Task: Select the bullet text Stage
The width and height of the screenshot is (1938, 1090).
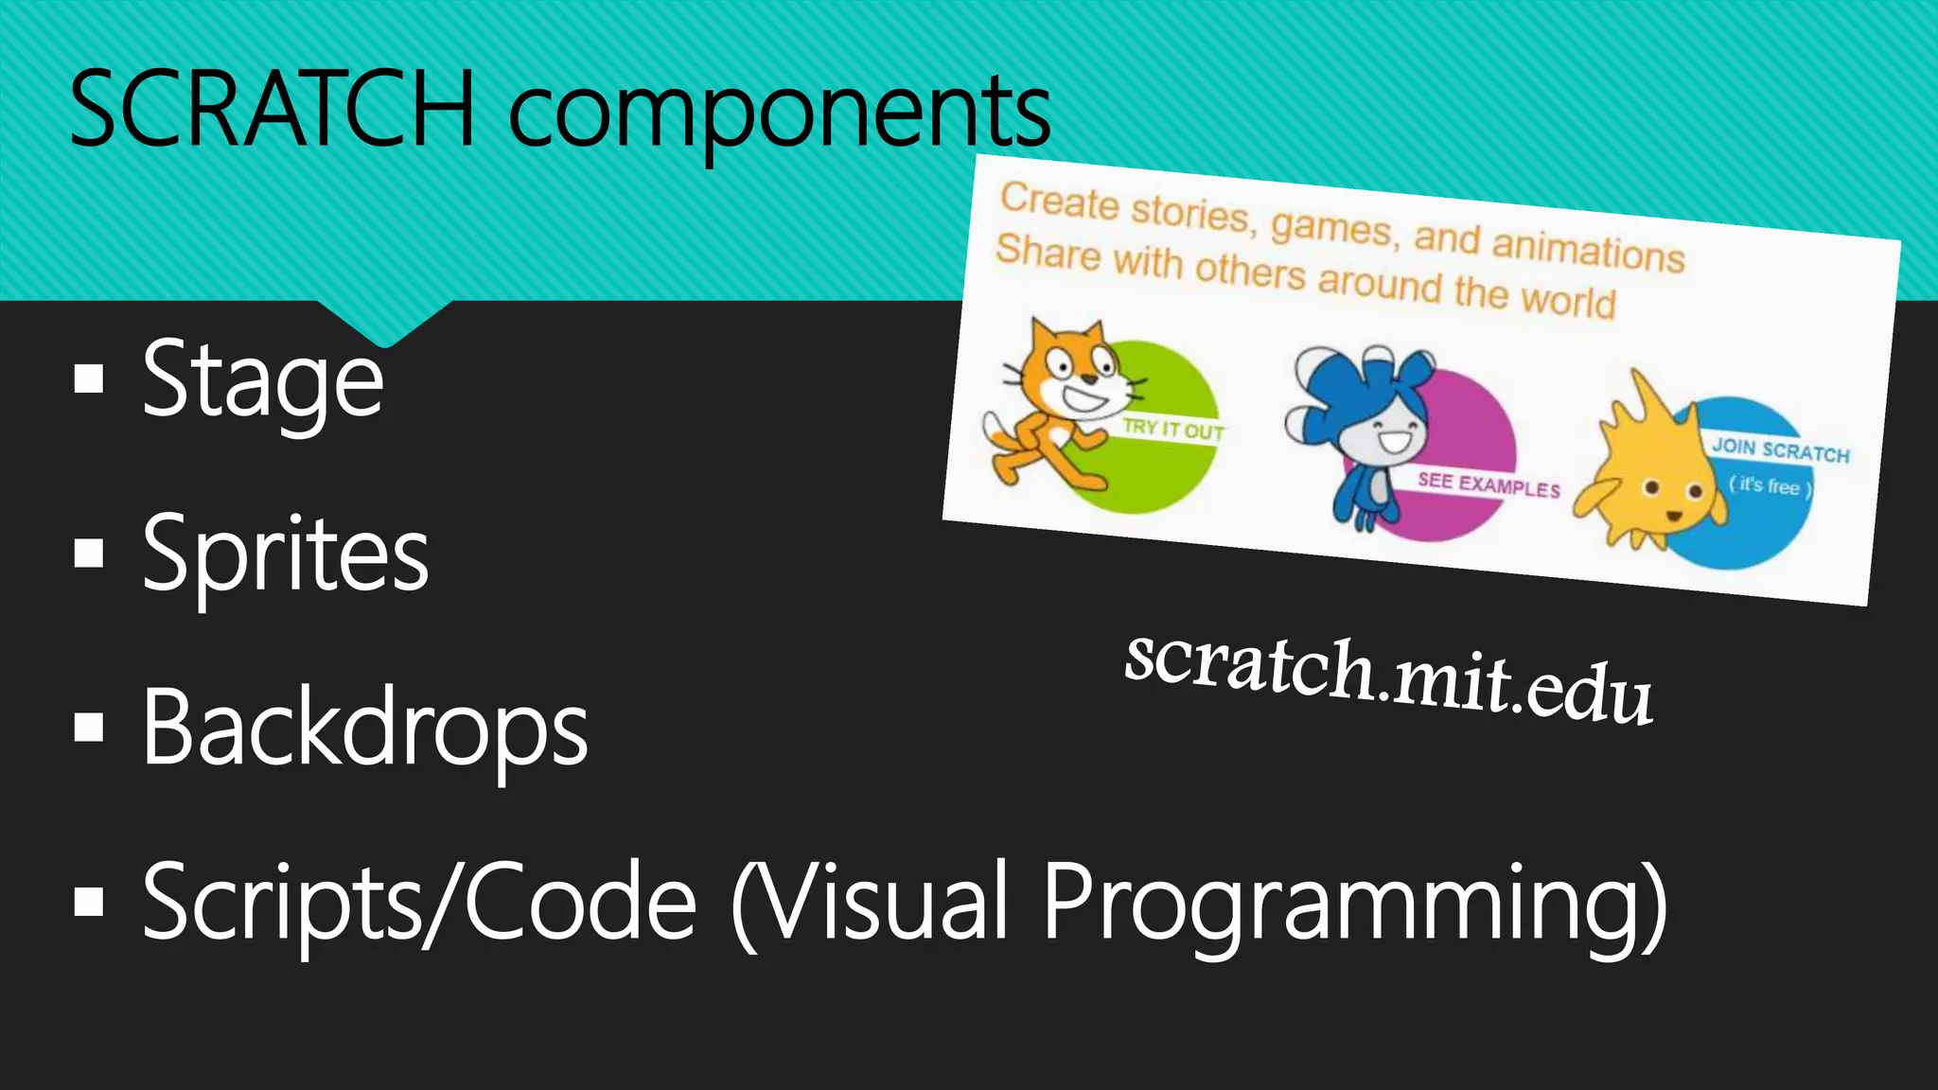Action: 262,380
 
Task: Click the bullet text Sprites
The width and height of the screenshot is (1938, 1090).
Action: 285,555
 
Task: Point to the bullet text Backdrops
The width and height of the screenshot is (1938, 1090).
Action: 364,728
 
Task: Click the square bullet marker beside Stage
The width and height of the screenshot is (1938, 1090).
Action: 89,379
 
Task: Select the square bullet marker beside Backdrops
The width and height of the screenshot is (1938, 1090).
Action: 89,727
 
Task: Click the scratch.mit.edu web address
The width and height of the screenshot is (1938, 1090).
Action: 1388,678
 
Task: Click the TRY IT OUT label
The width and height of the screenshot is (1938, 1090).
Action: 1172,429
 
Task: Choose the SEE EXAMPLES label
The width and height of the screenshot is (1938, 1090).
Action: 1488,484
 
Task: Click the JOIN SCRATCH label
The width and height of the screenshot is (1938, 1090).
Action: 1780,449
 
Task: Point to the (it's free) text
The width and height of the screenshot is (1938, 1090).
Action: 1770,486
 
